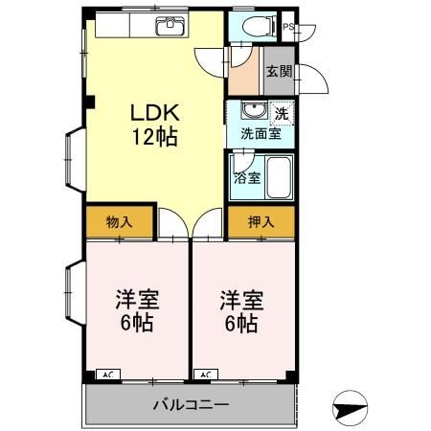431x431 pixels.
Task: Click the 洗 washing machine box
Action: tap(281, 113)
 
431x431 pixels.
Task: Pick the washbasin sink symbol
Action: tap(251, 110)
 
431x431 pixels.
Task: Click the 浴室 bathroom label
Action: tap(247, 177)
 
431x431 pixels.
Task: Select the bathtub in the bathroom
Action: tap(279, 177)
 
